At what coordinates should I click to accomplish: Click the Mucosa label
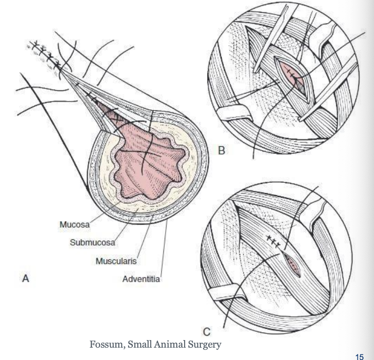(x=75, y=224)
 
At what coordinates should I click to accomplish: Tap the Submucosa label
(x=92, y=243)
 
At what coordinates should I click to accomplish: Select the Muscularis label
(x=116, y=261)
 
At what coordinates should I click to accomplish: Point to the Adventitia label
(x=141, y=279)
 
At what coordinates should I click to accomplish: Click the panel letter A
(x=26, y=278)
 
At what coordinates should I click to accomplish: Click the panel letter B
(x=221, y=151)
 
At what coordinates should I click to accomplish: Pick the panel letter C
(x=206, y=332)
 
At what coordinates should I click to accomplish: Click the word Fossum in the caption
(x=107, y=345)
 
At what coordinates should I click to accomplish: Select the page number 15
(x=359, y=357)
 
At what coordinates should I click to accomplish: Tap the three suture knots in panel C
(x=273, y=241)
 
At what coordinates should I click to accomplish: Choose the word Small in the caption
(x=140, y=345)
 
